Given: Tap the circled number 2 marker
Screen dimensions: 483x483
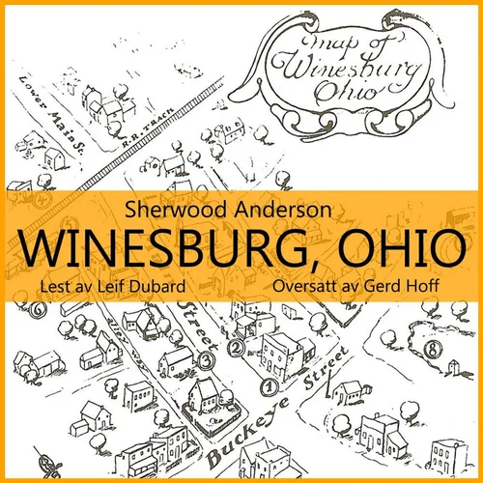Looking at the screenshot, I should point(233,348).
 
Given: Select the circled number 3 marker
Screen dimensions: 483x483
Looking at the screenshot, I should point(205,361).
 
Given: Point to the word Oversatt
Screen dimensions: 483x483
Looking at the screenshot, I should point(310,287).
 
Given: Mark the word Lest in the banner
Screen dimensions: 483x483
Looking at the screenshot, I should point(47,287).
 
